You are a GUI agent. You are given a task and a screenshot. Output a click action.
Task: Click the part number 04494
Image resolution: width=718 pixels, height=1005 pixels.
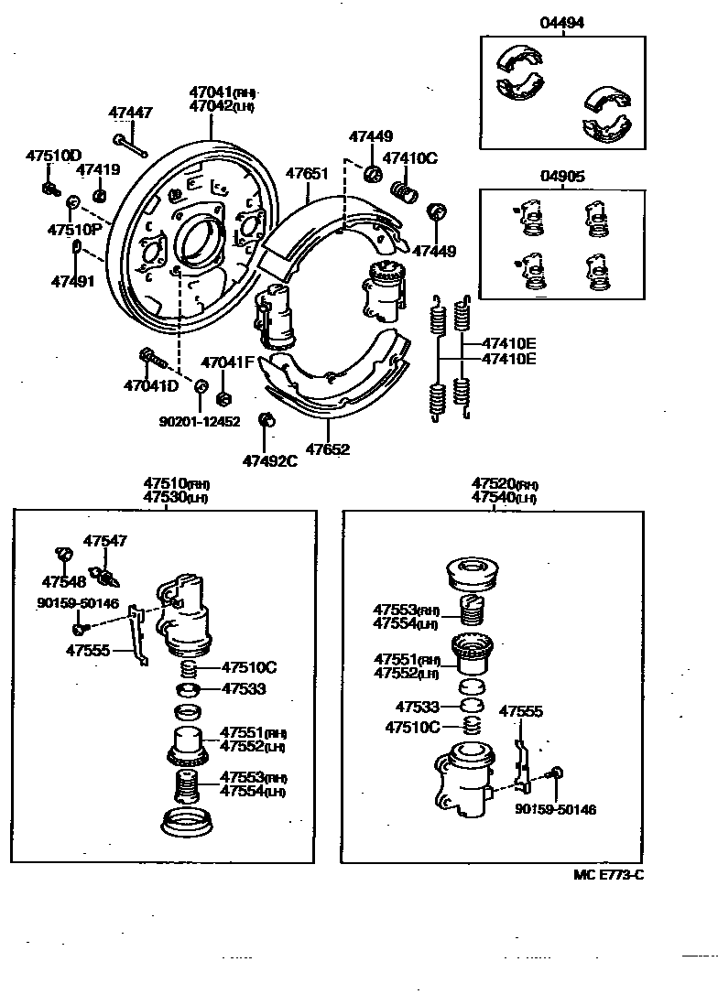click(561, 23)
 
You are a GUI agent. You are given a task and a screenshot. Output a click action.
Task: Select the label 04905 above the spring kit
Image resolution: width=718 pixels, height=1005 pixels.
click(561, 177)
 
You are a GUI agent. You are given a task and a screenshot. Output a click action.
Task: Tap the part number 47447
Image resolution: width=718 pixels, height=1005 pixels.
click(130, 113)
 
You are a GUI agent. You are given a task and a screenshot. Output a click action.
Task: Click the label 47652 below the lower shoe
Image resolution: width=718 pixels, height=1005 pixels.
click(327, 449)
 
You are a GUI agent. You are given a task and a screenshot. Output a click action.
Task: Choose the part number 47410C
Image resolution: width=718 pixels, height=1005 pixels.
click(409, 158)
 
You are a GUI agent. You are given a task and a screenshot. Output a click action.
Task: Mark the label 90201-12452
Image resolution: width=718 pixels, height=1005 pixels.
click(199, 421)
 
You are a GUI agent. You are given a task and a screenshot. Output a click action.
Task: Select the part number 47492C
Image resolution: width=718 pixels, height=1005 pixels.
click(269, 460)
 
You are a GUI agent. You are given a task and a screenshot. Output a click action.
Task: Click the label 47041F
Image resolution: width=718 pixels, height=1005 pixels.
click(226, 362)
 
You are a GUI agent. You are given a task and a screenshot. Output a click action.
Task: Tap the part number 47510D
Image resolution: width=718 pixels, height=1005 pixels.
click(53, 155)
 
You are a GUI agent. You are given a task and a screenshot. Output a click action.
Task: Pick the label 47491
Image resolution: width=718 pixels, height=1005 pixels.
click(72, 281)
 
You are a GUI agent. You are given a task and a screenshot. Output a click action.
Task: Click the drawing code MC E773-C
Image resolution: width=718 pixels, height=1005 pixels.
click(608, 874)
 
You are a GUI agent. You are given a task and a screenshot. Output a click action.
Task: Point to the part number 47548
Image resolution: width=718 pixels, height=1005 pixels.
click(64, 580)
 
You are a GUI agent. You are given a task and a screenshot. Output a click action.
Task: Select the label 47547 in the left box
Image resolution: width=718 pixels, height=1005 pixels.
click(104, 541)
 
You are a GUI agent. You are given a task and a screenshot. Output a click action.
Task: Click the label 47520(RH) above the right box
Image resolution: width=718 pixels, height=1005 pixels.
click(504, 483)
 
